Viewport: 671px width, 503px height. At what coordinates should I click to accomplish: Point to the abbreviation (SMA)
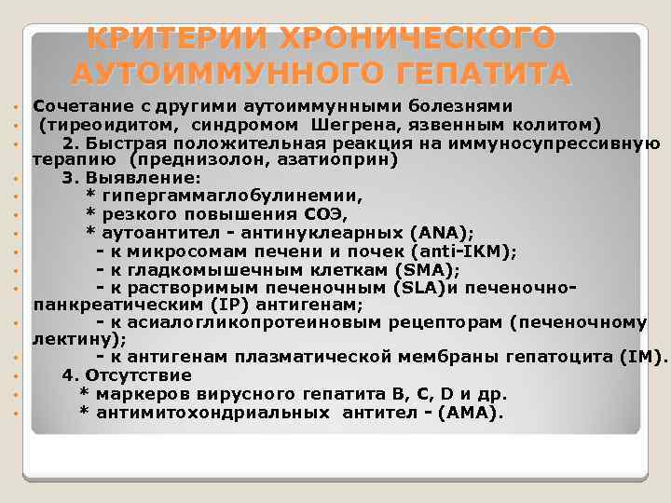(428, 269)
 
